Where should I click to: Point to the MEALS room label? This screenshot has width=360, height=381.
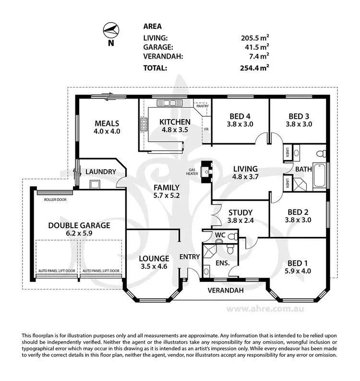coord(107,123)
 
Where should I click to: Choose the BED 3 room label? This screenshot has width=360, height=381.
coord(299,116)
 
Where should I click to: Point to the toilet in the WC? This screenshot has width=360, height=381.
coord(232,236)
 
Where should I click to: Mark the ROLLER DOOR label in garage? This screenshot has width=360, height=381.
coord(54,199)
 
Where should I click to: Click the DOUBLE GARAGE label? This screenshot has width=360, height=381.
coord(79,225)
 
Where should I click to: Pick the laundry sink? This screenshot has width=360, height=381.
coord(94,184)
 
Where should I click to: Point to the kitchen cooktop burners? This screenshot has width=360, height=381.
coord(144,124)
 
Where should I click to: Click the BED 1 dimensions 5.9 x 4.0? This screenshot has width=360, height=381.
coord(298,271)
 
